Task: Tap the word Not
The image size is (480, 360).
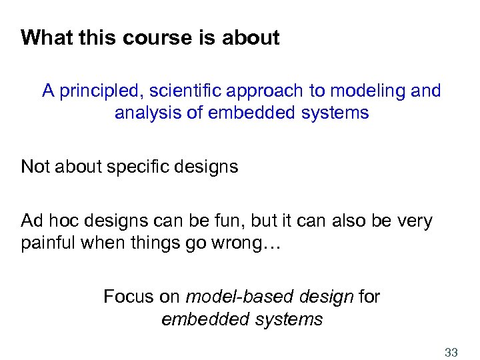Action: pos(36,166)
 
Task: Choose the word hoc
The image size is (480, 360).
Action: pos(63,221)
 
